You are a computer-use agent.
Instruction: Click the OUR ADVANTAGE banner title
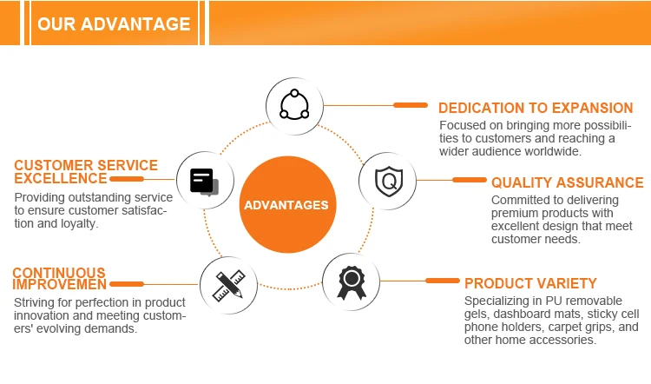pos(114,23)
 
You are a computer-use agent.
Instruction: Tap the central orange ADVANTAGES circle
pos(286,206)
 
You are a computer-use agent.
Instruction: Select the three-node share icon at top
pos(294,104)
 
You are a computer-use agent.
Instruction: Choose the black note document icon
pos(203,180)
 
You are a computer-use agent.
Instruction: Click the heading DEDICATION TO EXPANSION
pos(535,109)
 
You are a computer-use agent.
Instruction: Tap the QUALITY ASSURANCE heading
pos(567,182)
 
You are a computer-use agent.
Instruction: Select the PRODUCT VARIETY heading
pos(530,283)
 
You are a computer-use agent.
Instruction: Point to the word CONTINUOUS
pos(59,273)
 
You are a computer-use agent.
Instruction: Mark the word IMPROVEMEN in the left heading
pos(59,284)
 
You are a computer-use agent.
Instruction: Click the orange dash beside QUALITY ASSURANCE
pos(470,180)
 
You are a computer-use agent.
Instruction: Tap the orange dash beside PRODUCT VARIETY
pos(442,281)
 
